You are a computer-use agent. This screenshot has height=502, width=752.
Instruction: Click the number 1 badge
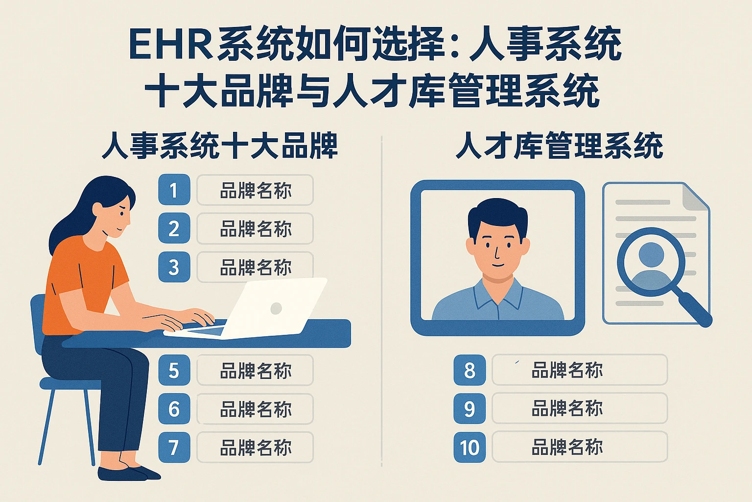click(174, 190)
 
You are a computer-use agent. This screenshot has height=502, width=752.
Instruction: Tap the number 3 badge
click(174, 267)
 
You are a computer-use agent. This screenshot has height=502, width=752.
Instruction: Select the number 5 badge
click(174, 370)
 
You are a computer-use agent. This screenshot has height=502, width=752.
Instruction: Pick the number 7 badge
click(174, 447)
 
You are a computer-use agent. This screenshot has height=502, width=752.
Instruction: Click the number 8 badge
click(470, 370)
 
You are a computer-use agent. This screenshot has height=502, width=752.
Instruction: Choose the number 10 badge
click(470, 447)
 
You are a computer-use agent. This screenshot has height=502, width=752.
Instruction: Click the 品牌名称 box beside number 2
click(255, 229)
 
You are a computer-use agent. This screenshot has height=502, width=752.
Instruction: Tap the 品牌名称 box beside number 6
click(255, 409)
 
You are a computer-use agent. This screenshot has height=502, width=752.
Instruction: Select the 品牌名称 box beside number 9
click(580, 408)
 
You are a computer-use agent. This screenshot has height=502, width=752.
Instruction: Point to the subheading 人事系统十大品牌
click(220, 146)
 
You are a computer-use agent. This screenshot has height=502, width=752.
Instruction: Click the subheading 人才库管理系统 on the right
click(559, 146)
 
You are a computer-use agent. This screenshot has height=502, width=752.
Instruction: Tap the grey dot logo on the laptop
click(276, 308)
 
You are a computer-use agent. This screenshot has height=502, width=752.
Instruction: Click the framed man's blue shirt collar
click(497, 294)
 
